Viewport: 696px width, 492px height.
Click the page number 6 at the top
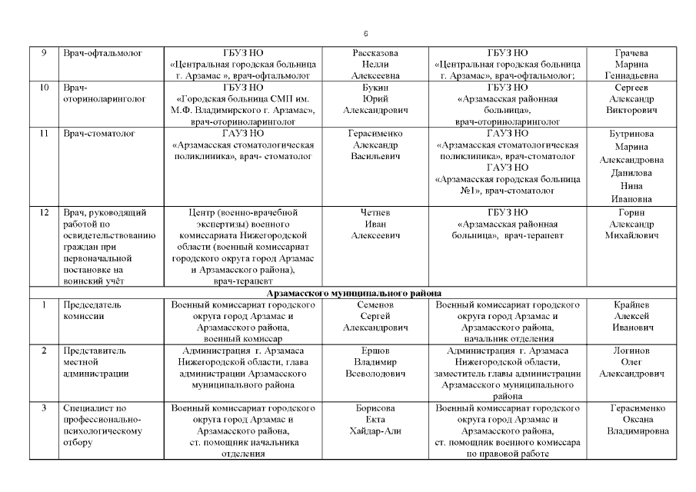[x=366, y=35]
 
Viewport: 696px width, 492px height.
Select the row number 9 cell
[x=44, y=53]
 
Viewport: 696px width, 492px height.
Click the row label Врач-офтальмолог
[x=98, y=53]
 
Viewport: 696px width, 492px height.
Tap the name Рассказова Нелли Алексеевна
[x=375, y=65]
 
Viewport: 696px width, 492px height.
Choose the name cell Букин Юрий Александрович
[x=375, y=99]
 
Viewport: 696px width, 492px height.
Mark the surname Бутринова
[x=631, y=134]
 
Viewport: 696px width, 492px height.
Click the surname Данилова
[x=631, y=173]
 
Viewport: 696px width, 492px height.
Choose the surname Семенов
[x=375, y=304]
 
